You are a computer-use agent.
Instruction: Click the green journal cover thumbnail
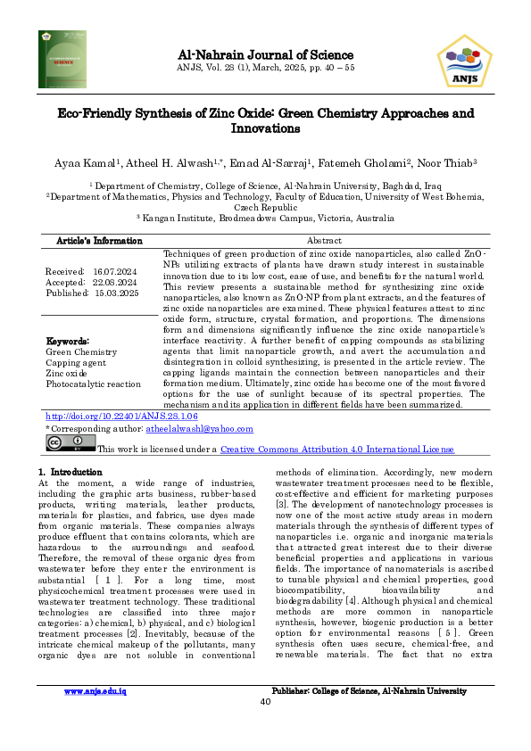click(x=63, y=60)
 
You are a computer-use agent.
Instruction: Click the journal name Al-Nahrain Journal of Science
click(x=265, y=55)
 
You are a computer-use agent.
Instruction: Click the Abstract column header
click(x=324, y=241)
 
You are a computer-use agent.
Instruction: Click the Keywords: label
click(x=68, y=341)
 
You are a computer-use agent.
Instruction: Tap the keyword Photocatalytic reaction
click(x=93, y=384)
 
